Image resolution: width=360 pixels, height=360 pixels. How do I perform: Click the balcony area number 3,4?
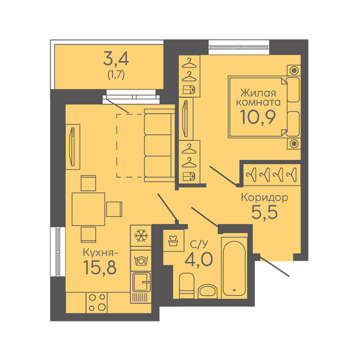click(116, 59)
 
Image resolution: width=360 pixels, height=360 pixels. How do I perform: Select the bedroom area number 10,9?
click(258, 117)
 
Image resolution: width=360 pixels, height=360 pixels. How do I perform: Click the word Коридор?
click(264, 197)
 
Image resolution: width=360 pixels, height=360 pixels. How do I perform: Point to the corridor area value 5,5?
click(264, 212)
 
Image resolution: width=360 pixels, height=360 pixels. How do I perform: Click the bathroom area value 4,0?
click(199, 259)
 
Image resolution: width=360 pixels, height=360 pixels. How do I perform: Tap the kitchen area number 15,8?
click(100, 268)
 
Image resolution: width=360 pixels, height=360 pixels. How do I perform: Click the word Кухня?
click(99, 253)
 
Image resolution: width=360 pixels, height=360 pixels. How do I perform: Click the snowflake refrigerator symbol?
click(141, 236)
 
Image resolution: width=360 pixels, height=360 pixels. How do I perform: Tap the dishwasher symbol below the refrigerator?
click(141, 261)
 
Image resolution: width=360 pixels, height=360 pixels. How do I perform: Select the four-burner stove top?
click(97, 303)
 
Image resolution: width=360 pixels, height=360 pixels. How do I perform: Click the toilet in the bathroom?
click(187, 285)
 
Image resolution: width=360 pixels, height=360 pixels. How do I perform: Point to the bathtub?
click(234, 268)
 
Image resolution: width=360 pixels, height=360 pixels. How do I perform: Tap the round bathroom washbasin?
click(208, 291)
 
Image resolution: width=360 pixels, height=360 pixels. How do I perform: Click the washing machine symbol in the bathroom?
click(173, 240)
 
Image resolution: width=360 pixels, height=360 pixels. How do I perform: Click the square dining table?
click(89, 209)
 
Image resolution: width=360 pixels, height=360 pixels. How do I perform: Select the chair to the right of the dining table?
click(114, 209)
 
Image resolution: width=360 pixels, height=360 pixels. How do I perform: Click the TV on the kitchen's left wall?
click(72, 147)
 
